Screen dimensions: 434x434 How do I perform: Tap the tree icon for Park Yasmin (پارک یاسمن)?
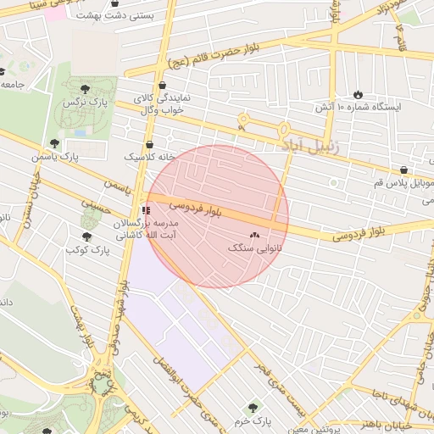tap(55, 144)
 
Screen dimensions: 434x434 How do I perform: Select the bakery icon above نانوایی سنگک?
tap(255, 235)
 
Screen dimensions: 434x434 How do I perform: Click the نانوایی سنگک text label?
tap(255, 249)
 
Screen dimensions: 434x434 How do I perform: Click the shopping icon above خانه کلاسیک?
tap(149, 144)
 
